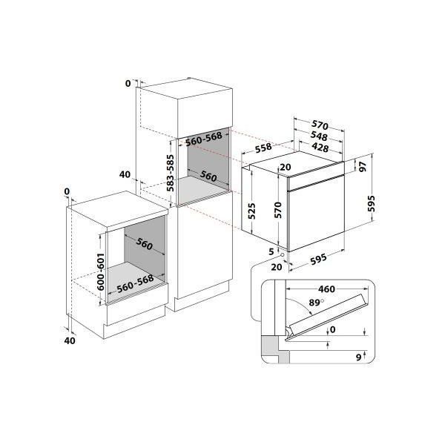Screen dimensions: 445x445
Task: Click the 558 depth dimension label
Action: (263, 148)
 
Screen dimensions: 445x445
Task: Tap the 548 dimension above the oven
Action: (319, 136)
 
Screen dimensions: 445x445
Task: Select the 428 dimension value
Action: (320, 148)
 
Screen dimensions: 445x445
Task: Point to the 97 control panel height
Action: (363, 167)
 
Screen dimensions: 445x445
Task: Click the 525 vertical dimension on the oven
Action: (251, 211)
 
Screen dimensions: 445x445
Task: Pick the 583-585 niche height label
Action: (170, 173)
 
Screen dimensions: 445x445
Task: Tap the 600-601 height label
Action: (101, 271)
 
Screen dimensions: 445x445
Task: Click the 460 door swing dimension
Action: (326, 289)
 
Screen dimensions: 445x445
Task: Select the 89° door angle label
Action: (317, 303)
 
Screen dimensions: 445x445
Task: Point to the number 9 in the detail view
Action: (359, 357)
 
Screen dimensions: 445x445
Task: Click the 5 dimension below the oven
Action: (271, 251)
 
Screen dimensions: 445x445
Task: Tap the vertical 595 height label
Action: (372, 203)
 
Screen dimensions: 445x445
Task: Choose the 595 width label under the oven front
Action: (318, 259)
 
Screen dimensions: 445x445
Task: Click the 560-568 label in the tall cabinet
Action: (204, 139)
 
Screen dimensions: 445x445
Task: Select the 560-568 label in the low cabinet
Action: (136, 283)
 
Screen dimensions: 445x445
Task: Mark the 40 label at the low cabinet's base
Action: (70, 340)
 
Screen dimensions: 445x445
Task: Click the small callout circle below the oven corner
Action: (282, 255)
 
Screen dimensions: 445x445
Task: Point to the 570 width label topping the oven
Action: (320, 125)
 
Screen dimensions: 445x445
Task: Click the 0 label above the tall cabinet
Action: (128, 83)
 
